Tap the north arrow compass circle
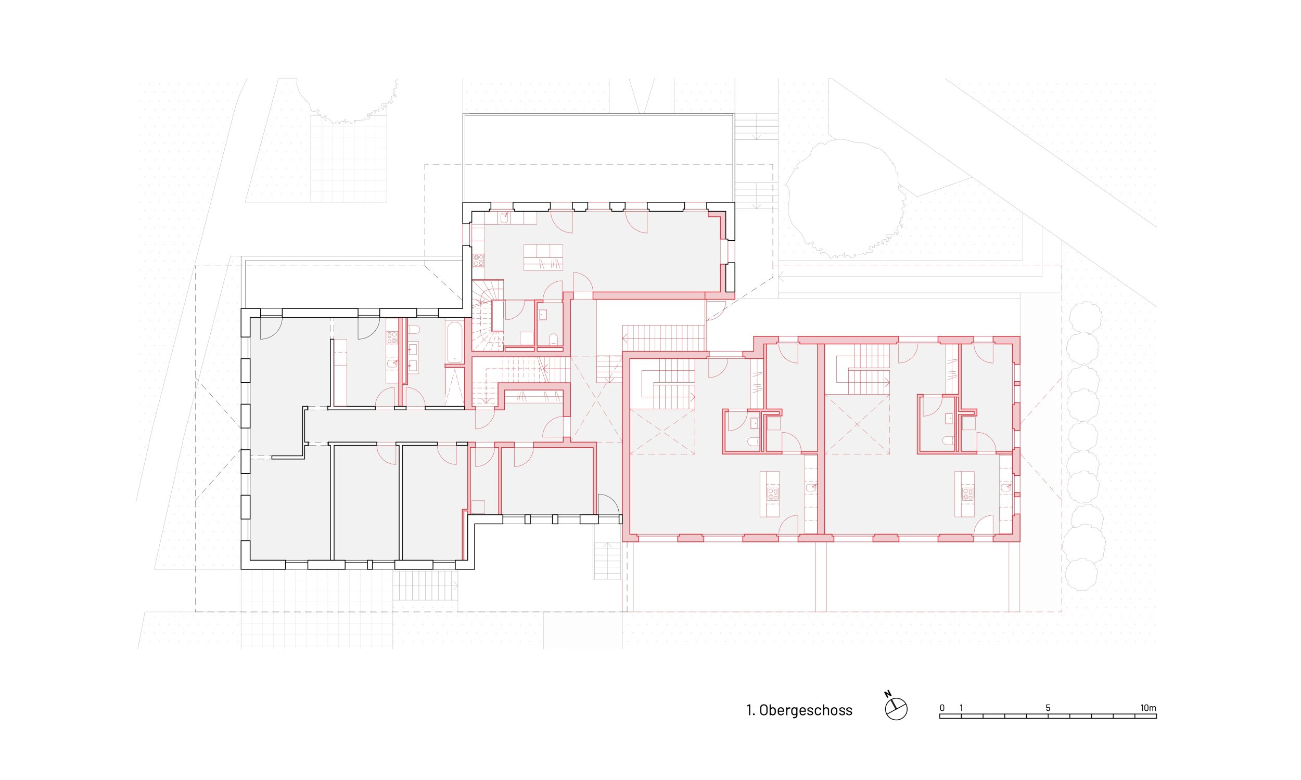(x=896, y=709)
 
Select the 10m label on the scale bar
(x=1149, y=708)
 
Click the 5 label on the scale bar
(x=1048, y=708)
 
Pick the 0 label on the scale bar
(x=942, y=708)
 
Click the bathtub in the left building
(x=454, y=342)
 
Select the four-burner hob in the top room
(x=479, y=260)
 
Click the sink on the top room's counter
(x=504, y=217)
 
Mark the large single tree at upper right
(x=845, y=199)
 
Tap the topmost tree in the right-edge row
(x=1086, y=318)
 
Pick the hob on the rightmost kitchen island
(x=967, y=494)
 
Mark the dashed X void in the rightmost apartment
(x=857, y=424)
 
